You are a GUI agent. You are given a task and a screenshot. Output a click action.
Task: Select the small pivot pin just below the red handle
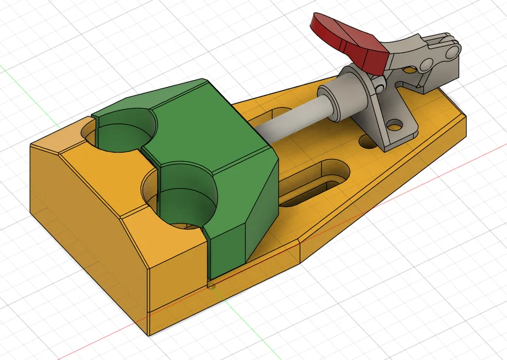pyautogui.click(x=380, y=86)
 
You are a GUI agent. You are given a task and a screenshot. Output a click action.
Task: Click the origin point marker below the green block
pyautogui.click(x=212, y=285)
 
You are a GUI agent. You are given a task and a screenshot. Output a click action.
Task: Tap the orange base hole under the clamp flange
pyautogui.click(x=366, y=141)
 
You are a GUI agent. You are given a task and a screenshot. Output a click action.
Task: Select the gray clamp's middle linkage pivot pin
pyautogui.click(x=426, y=62)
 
